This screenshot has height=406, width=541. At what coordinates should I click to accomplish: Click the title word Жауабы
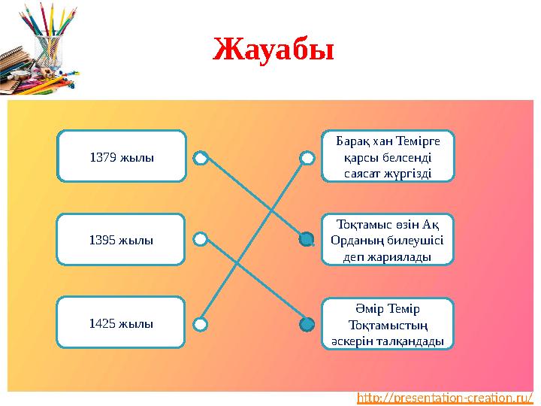[273, 50]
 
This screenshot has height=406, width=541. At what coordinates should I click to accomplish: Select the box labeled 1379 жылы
[122, 158]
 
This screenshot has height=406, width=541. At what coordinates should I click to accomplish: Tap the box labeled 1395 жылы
[122, 241]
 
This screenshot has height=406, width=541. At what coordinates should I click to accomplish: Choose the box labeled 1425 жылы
[122, 323]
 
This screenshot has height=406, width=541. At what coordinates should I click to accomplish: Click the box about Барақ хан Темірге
[388, 157]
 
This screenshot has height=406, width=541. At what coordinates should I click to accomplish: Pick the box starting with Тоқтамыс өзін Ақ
[388, 240]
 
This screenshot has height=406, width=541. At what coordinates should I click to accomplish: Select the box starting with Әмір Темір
[388, 324]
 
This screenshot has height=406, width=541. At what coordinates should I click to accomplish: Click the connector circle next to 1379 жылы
[200, 158]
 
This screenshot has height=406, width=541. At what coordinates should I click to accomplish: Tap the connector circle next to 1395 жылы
[200, 240]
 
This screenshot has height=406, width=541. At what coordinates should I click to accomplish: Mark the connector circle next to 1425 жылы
[200, 324]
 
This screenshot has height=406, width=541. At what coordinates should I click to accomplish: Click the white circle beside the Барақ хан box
[307, 158]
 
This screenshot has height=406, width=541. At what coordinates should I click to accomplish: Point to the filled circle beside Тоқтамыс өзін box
[307, 240]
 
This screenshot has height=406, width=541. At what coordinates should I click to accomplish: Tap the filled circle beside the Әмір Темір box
[307, 325]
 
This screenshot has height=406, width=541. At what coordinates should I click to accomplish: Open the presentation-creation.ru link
[445, 397]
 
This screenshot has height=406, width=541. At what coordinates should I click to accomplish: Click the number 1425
[101, 323]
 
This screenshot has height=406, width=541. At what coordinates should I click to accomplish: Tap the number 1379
[102, 158]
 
